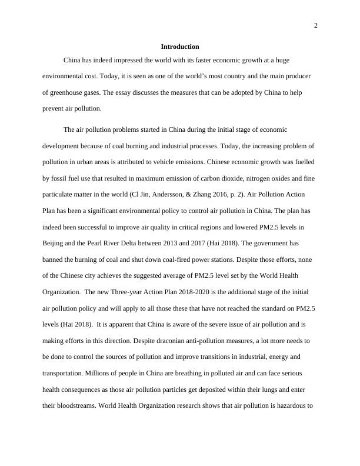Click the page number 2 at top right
tap(316, 25)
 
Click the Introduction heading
tap(180, 46)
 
